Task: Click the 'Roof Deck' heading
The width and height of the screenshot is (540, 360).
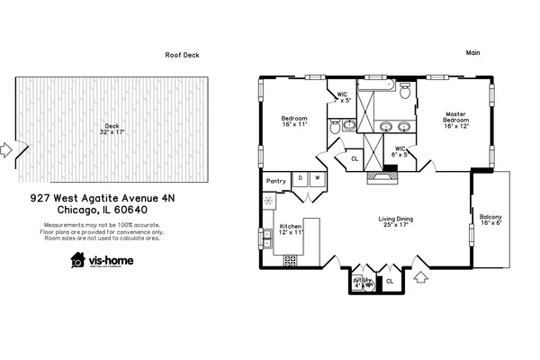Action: [x=182, y=55]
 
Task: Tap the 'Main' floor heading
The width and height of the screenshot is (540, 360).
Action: [x=472, y=52]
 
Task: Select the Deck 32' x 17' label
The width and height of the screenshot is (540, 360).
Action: [x=112, y=129]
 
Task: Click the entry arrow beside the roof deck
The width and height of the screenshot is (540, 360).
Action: [x=6, y=149]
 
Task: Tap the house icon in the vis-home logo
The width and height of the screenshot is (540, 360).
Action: [x=78, y=260]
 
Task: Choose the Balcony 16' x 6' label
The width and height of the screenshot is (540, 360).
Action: [x=490, y=220]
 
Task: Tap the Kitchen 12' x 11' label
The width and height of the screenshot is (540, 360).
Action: [x=291, y=229]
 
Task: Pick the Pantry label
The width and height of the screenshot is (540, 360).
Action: [x=276, y=181]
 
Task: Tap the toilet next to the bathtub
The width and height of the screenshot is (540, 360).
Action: [x=406, y=91]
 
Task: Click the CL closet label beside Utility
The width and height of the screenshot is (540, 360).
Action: [x=390, y=282]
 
